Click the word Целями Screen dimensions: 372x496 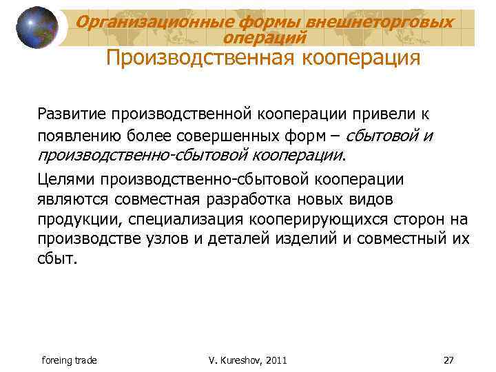click(x=66, y=180)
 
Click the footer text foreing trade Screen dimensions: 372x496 click(x=69, y=360)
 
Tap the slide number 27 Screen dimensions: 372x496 click(x=449, y=360)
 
